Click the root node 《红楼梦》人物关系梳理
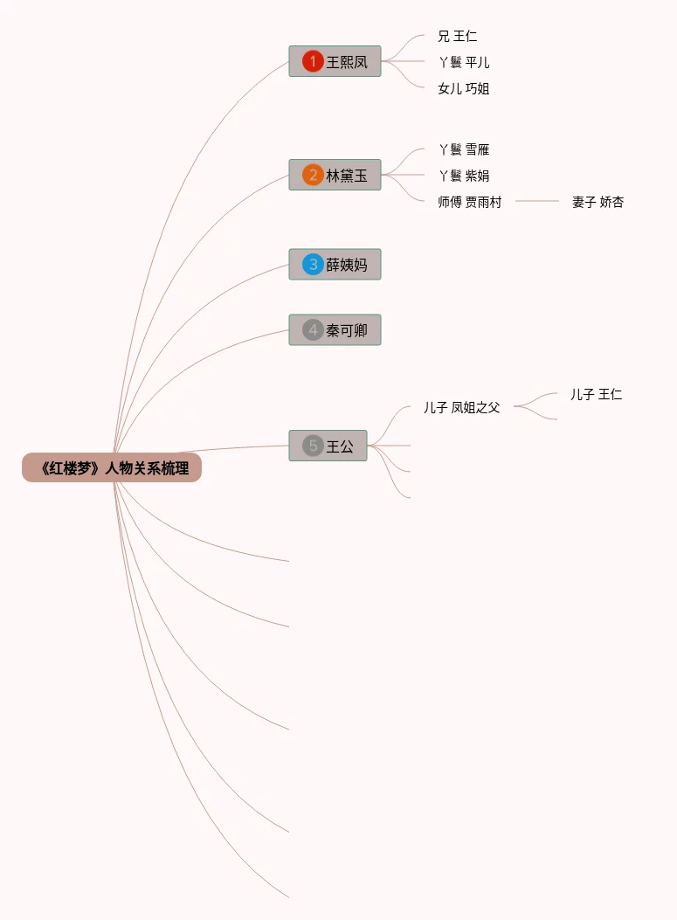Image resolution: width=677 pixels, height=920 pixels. [112, 468]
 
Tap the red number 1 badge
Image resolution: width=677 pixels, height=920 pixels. [313, 62]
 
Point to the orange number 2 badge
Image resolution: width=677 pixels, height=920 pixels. [313, 176]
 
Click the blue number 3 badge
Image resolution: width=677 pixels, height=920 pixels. [313, 264]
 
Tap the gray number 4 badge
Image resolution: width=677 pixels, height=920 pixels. [313, 330]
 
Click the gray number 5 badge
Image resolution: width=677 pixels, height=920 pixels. [313, 446]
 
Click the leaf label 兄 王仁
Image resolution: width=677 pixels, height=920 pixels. [458, 37]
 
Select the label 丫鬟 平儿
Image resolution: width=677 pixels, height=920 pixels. [464, 63]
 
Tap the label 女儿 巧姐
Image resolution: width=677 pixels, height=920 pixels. [464, 89]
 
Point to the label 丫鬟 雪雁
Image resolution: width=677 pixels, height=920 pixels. [464, 150]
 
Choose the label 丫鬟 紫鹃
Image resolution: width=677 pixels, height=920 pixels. [464, 176]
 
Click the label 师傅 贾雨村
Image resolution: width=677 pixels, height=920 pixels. [470, 203]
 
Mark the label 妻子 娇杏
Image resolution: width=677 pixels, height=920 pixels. [598, 203]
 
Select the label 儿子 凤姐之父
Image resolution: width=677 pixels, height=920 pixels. [462, 408]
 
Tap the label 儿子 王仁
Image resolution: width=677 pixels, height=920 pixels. [597, 395]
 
